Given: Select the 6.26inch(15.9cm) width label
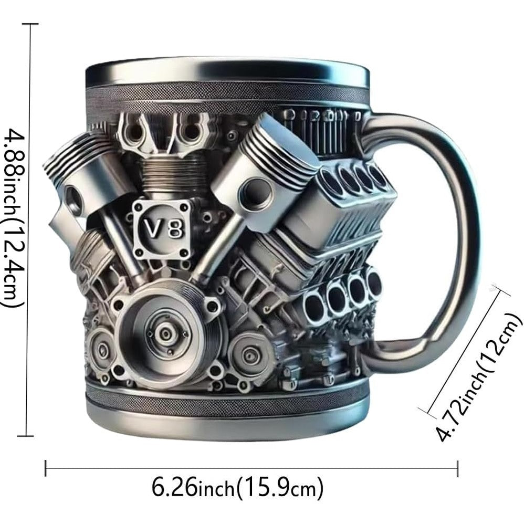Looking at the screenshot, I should pyautogui.click(x=237, y=489).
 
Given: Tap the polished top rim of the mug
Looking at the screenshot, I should pyautogui.click(x=227, y=72).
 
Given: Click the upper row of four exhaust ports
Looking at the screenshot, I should pyautogui.click(x=357, y=179).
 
